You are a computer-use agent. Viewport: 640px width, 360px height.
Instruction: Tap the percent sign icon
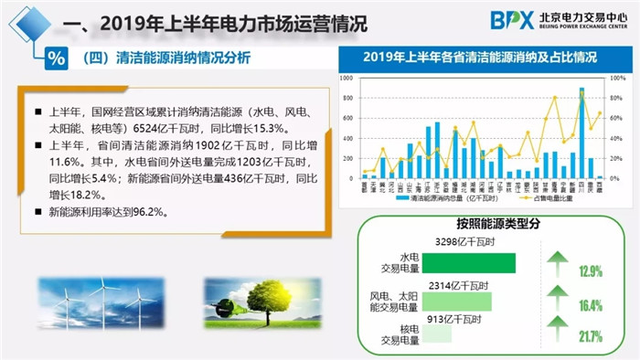pyautogui.click(x=57, y=58)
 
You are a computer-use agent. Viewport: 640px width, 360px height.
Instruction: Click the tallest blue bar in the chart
pyautogui.click(x=581, y=132)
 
